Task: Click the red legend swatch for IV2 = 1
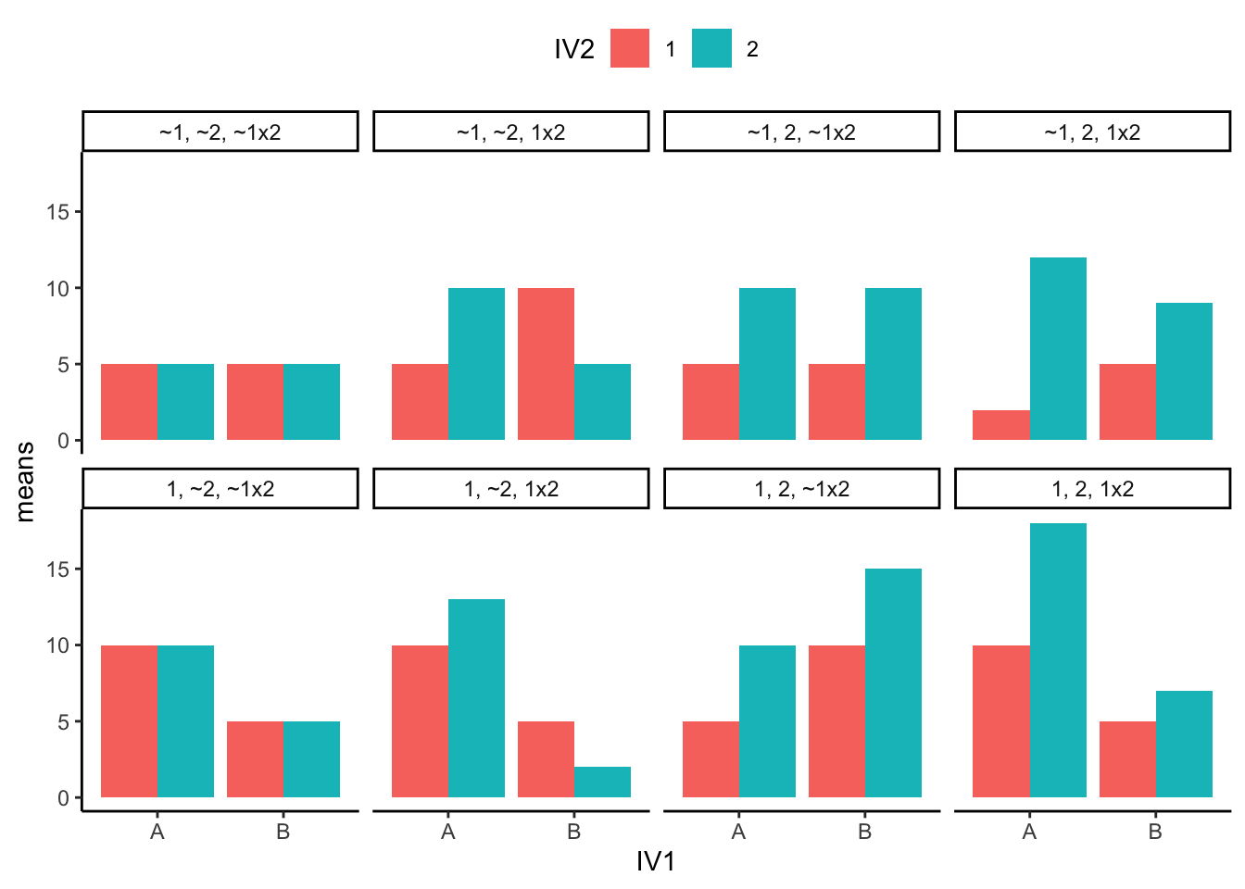point(630,48)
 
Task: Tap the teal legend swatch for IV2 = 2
point(711,48)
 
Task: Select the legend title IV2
point(573,49)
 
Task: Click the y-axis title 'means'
point(25,482)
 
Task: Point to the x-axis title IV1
point(656,862)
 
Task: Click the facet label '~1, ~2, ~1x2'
point(220,131)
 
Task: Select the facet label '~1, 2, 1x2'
point(1092,131)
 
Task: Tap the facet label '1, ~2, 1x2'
point(511,488)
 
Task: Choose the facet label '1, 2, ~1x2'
point(802,488)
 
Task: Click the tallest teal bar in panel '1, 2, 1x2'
point(1058,659)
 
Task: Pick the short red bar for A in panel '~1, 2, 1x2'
point(1001,425)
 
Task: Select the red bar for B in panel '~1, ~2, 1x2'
point(546,364)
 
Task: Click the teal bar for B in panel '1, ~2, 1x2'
point(602,782)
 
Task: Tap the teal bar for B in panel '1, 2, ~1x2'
point(893,682)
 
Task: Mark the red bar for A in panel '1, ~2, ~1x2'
point(129,720)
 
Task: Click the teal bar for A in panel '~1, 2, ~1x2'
point(767,364)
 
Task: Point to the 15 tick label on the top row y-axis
point(57,212)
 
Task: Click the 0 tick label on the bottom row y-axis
point(63,797)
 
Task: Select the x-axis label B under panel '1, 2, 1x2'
point(1155,832)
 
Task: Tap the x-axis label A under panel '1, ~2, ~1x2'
point(157,832)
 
